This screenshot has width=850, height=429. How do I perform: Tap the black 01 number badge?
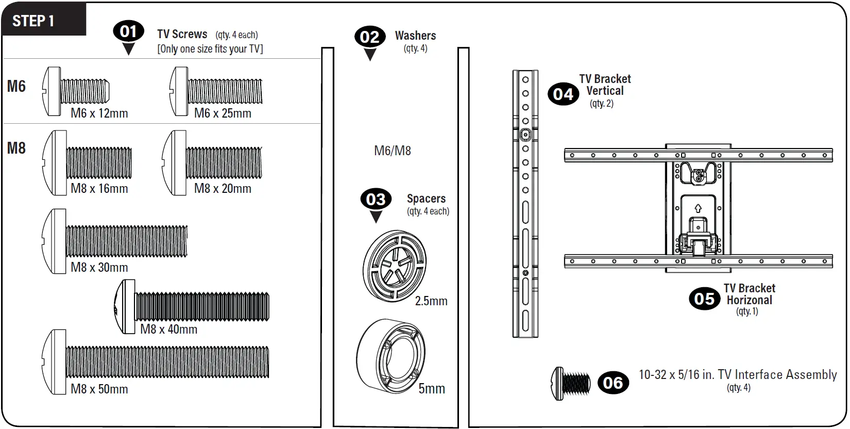[128, 31]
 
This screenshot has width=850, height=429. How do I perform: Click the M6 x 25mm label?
[223, 113]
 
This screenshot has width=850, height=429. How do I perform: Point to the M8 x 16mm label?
[99, 189]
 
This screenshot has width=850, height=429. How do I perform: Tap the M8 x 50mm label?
[99, 389]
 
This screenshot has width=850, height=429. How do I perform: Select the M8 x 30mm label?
[99, 268]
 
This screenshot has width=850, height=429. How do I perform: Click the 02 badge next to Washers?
[369, 37]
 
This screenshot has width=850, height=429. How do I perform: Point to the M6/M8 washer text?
[392, 151]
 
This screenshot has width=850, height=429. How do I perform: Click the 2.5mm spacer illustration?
[395, 266]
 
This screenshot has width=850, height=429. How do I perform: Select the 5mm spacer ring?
[392, 356]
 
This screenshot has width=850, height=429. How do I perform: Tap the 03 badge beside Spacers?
[376, 199]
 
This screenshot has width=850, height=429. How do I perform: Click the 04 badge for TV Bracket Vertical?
[563, 94]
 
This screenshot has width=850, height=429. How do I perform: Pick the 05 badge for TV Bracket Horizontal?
[704, 299]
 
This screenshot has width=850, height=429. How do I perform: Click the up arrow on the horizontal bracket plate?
[698, 208]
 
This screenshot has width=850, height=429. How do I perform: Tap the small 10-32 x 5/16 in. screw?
[571, 384]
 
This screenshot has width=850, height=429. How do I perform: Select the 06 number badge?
[613, 383]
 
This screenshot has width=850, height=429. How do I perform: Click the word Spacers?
[426, 199]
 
